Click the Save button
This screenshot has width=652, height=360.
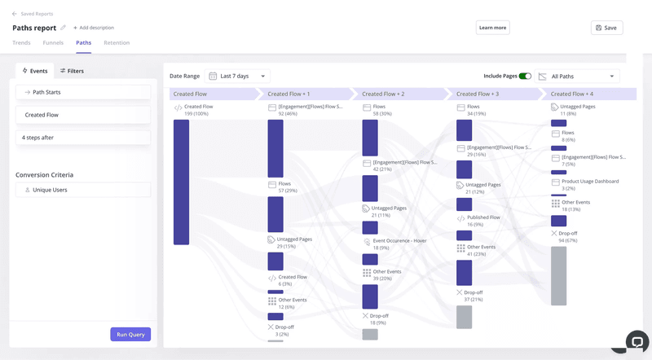pos(606,28)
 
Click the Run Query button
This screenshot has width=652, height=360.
pos(130,334)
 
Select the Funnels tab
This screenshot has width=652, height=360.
pos(53,42)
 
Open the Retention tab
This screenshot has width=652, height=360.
pos(117,42)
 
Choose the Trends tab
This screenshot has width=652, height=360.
pos(21,42)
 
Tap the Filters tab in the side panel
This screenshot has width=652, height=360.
pos(72,71)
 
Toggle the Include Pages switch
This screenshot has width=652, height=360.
pos(525,76)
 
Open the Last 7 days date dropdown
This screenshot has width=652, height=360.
pos(238,76)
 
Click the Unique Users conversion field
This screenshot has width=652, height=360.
pos(83,189)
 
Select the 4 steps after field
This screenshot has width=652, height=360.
pos(83,138)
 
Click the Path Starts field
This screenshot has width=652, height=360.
pos(83,92)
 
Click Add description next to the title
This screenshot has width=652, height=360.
pos(94,28)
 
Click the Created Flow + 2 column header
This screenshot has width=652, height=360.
pos(383,94)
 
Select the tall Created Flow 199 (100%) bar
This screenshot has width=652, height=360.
pos(181,182)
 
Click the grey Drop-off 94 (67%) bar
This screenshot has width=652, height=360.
pos(558,275)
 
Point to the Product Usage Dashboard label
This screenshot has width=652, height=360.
pos(590,182)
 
